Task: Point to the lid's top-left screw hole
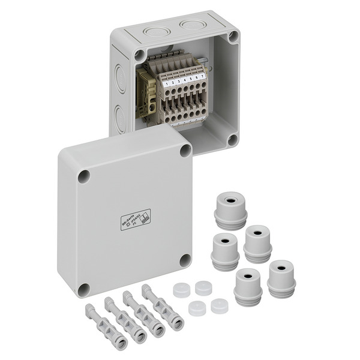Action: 84,176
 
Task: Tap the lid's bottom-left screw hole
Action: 85,290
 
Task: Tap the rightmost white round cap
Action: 219,306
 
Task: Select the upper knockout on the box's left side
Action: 121,78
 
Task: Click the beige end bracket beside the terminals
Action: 146,93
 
